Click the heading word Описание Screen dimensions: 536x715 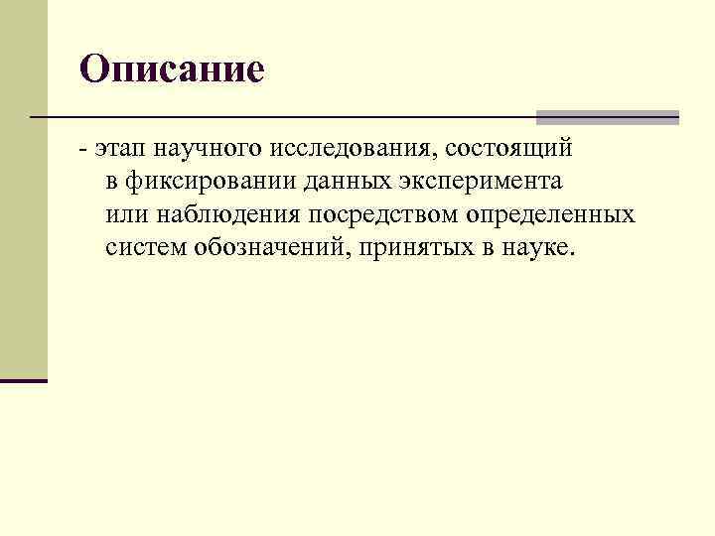pyautogui.click(x=172, y=68)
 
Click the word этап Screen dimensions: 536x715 pyautogui.click(x=117, y=149)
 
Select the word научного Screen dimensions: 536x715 pyautogui.click(x=196, y=149)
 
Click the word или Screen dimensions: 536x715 pyautogui.click(x=122, y=214)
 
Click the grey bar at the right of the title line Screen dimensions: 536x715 pyautogui.click(x=607, y=117)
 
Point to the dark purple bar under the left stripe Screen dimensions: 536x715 pyautogui.click(x=24, y=380)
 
